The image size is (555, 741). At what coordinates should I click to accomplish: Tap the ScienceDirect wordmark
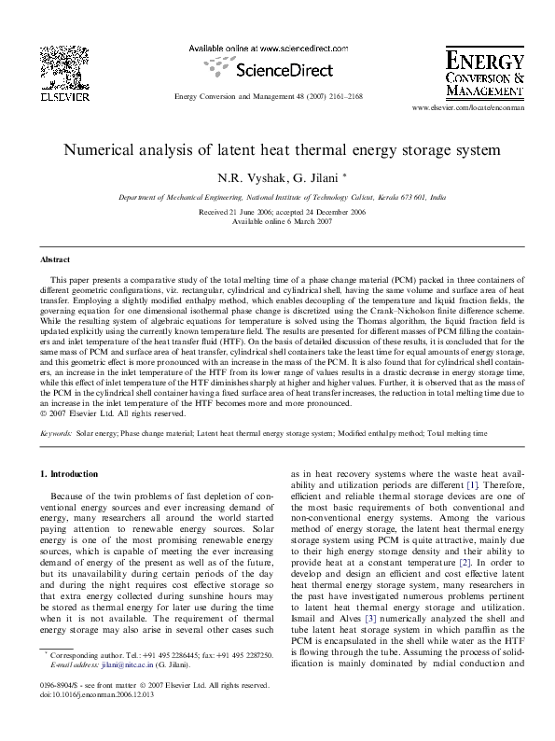pyautogui.click(x=276, y=68)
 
